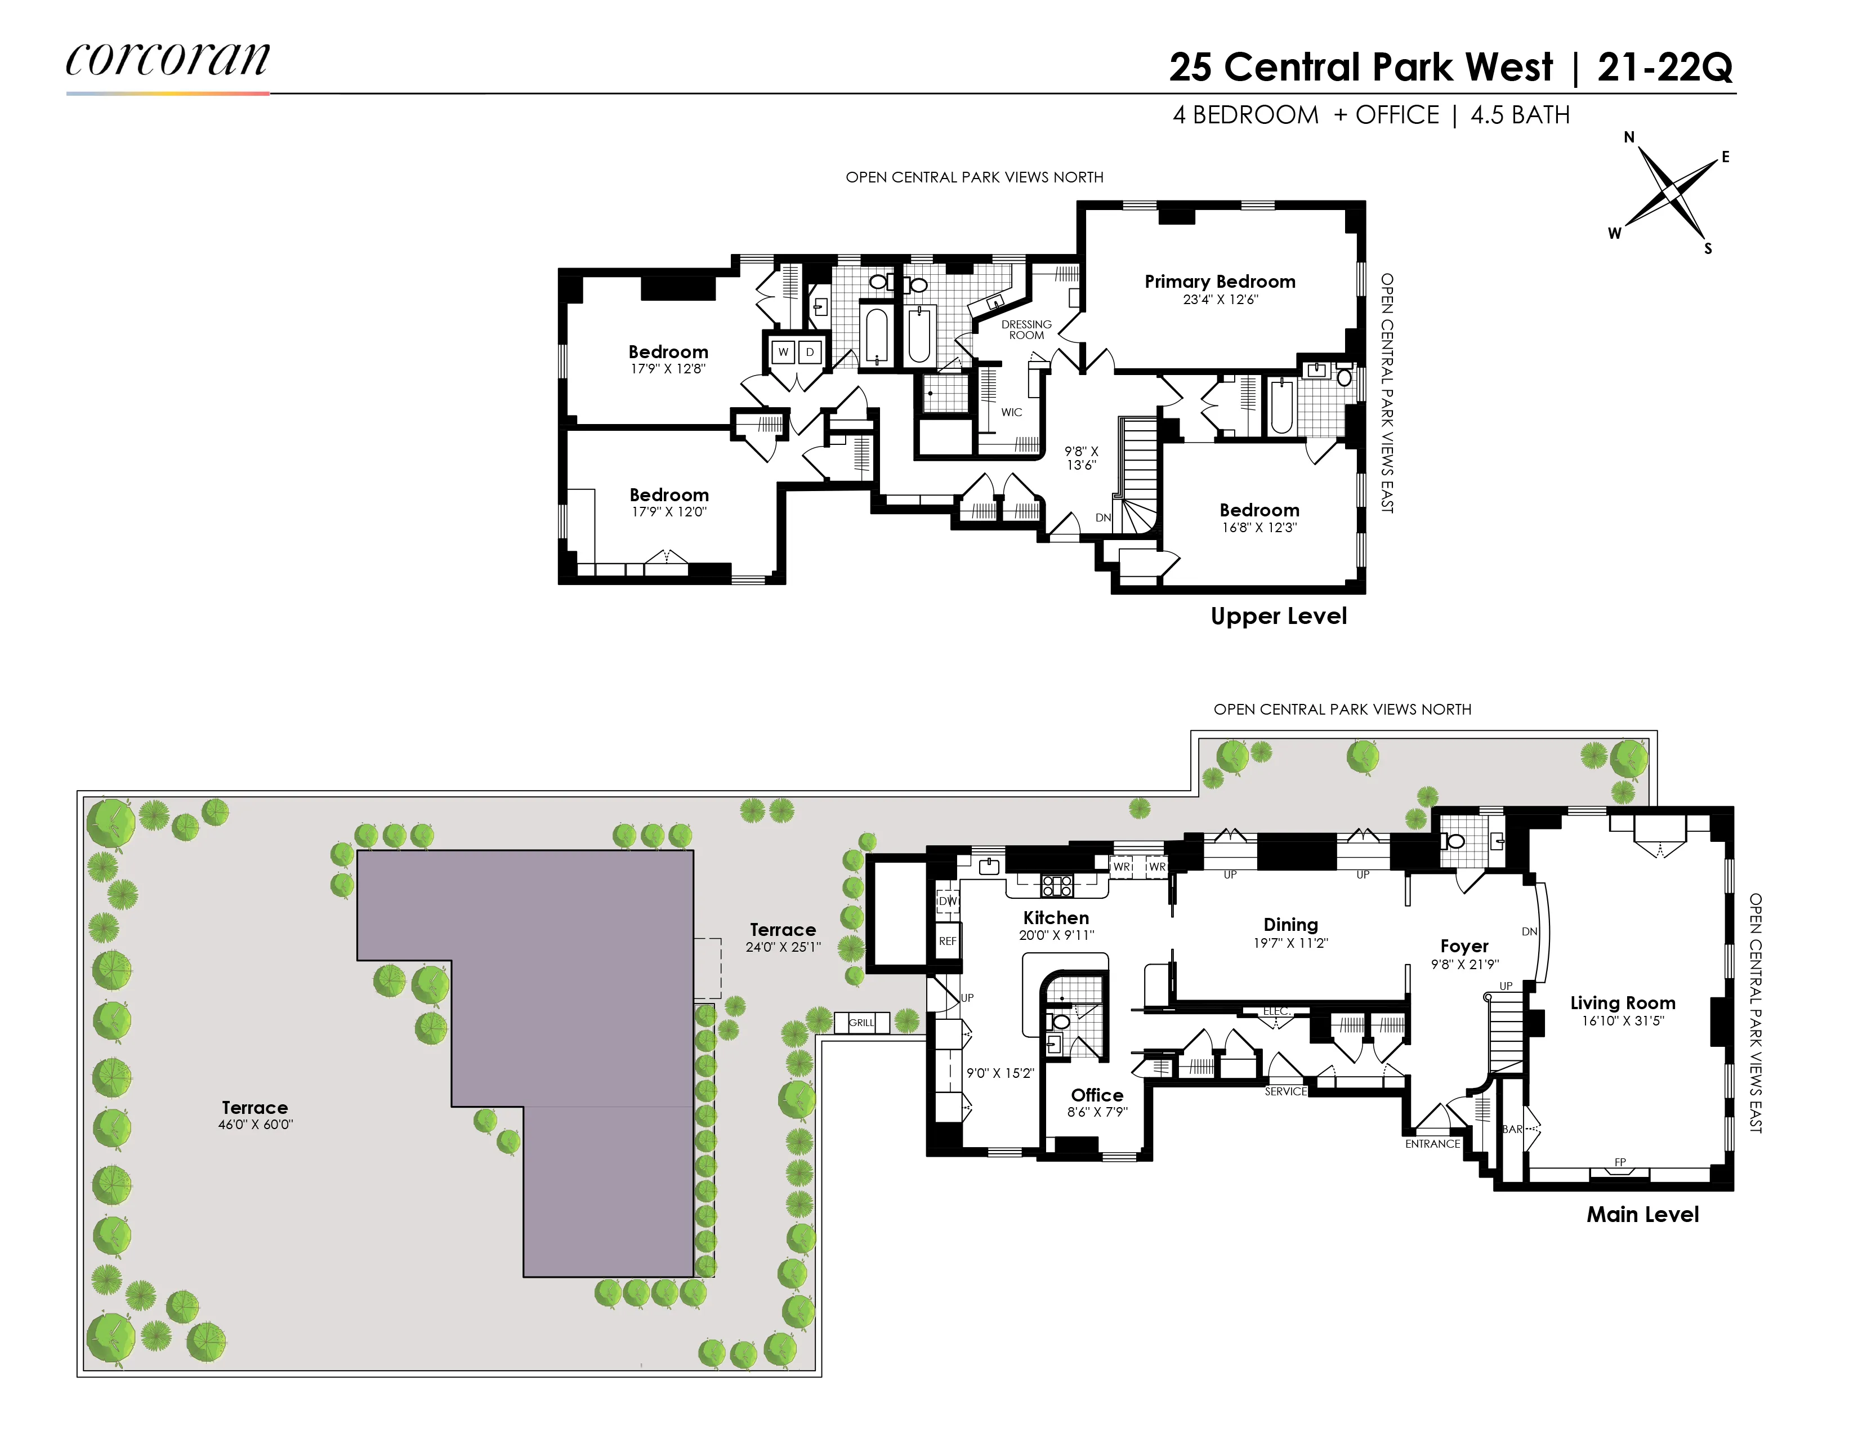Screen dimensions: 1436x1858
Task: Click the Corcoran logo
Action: [x=168, y=60]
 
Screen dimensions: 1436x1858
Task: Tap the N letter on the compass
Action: [x=1629, y=137]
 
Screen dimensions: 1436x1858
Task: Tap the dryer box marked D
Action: [x=810, y=352]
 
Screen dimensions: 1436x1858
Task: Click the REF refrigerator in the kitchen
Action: [x=948, y=941]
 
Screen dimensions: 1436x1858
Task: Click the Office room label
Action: [x=1097, y=1096]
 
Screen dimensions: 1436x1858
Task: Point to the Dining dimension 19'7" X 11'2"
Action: [x=1290, y=943]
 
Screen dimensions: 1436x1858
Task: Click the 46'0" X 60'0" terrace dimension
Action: [x=255, y=1125]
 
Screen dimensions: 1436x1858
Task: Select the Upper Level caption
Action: [x=1279, y=616]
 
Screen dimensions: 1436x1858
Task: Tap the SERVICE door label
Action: [x=1285, y=1091]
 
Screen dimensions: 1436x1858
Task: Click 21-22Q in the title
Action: [x=1665, y=67]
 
